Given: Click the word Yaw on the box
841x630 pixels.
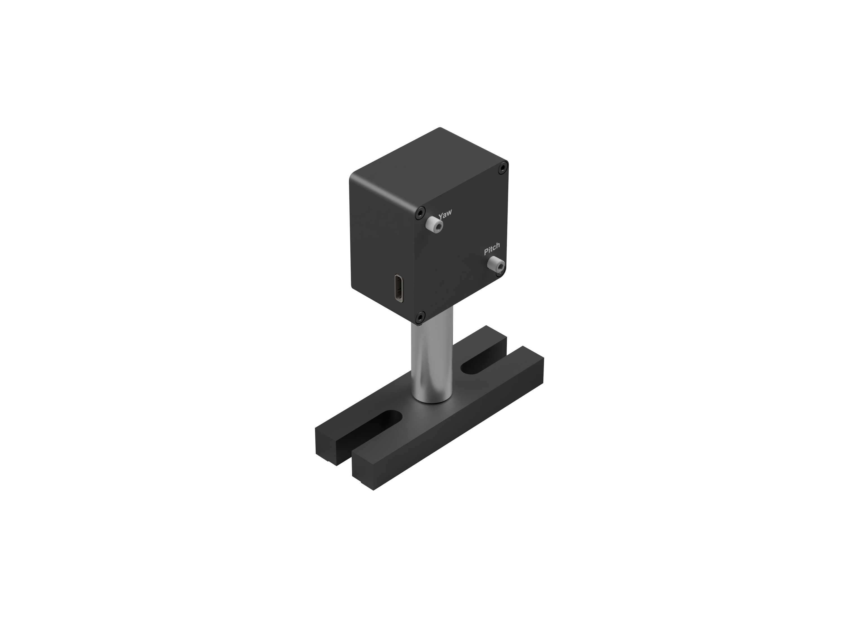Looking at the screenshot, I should point(445,214).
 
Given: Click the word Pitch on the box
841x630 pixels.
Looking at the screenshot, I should point(492,249).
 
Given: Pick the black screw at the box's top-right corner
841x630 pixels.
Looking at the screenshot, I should point(503,167).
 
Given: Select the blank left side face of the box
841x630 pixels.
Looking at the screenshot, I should point(380,243).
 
